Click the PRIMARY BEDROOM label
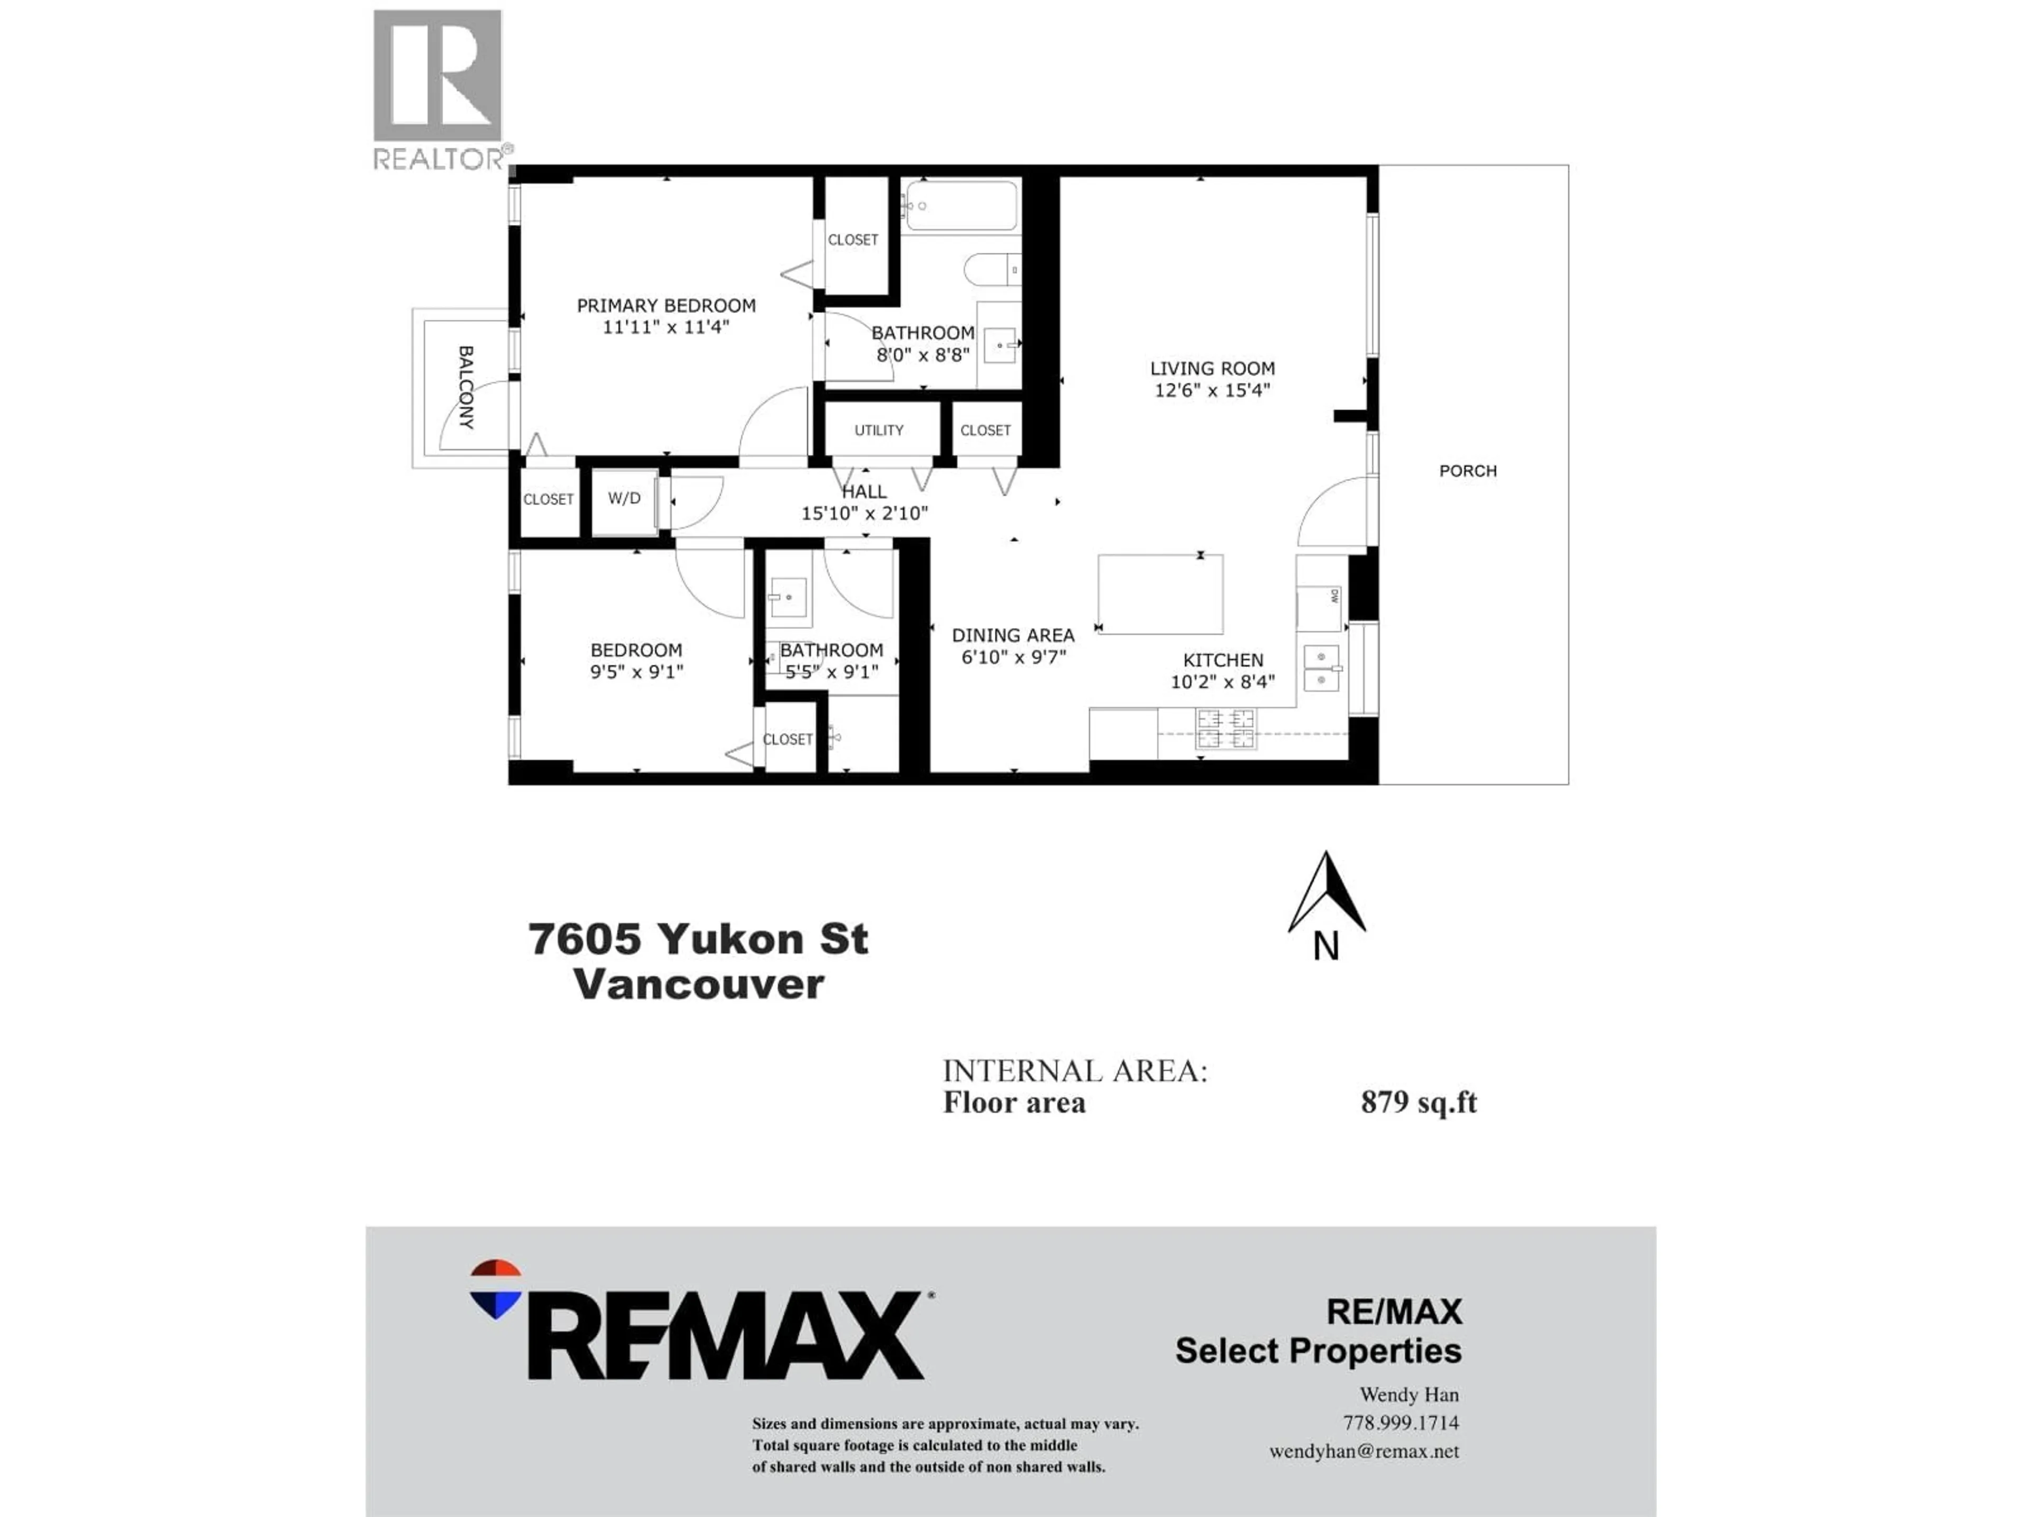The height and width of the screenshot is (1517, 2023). coord(666,306)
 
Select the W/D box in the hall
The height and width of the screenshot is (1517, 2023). coord(625,499)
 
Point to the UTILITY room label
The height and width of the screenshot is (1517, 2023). coord(879,431)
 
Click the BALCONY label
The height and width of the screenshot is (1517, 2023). coord(466,388)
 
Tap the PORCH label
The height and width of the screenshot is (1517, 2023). coord(1468,471)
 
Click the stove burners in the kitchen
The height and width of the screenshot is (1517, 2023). coord(1225,729)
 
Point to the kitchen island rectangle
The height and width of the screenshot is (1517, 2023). coord(1160,594)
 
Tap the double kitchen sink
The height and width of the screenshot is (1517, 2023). coord(1321,668)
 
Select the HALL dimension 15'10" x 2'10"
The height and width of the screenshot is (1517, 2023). coord(865,514)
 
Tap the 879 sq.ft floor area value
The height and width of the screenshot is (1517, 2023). coord(1419,1103)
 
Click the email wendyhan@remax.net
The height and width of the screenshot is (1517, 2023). coord(1363,1451)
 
